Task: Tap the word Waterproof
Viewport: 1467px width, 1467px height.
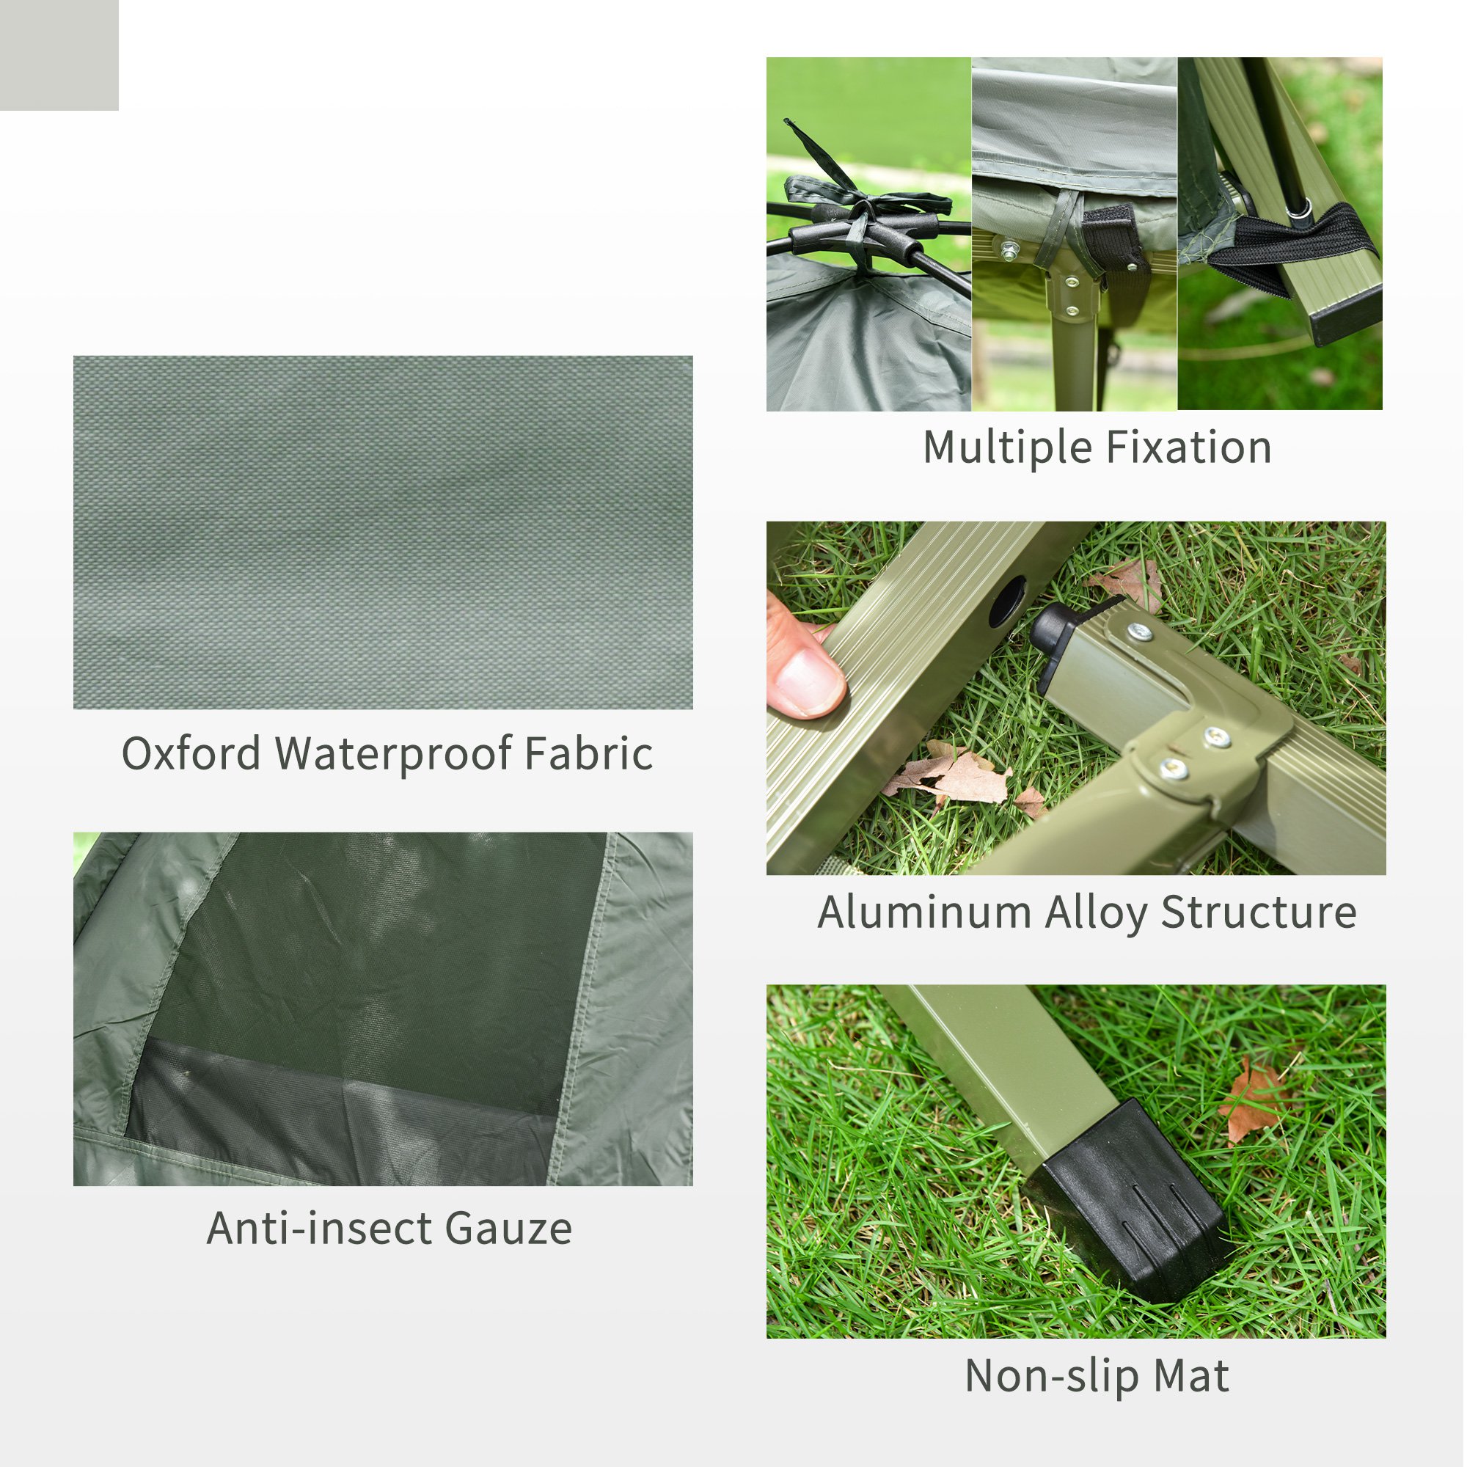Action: pos(392,755)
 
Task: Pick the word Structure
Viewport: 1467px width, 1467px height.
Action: pos(1258,912)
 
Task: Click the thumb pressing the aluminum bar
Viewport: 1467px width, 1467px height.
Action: pos(805,676)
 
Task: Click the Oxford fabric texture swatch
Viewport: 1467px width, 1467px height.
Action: pos(383,533)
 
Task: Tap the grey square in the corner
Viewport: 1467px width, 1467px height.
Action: pos(59,55)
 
